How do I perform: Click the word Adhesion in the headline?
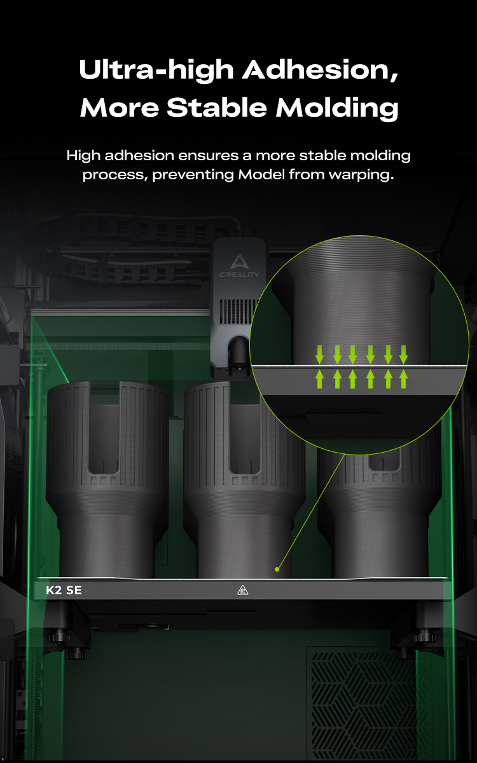320,70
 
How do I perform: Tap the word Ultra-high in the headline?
156,70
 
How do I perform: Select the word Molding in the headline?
336,107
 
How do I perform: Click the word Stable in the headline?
217,107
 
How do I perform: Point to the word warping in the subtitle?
361,175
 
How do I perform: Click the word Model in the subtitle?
261,174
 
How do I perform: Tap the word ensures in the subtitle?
208,156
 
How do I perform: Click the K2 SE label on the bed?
64,590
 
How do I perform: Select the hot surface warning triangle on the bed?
242,590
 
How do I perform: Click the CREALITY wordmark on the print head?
239,275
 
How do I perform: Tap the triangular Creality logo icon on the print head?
240,261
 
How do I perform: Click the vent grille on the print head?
238,312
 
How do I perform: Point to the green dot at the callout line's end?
277,569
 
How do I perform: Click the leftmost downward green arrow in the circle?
319,355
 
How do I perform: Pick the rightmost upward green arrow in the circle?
403,379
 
